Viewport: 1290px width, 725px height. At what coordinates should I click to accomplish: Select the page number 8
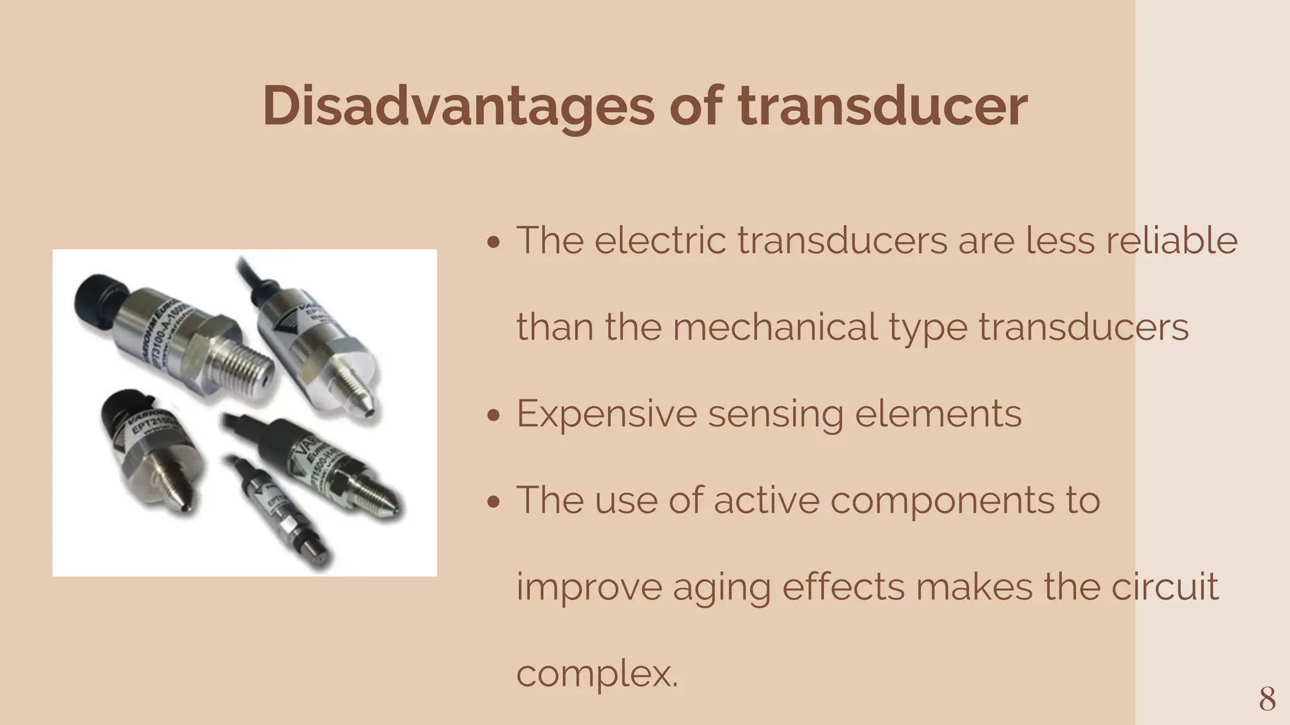(1267, 699)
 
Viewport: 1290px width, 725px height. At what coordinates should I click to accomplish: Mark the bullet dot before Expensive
(494, 415)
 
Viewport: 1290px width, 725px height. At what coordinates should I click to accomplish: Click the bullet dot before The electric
(494, 242)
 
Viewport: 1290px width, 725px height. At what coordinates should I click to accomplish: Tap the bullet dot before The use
(494, 502)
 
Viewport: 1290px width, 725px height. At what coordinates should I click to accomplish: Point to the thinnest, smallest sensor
(277, 510)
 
